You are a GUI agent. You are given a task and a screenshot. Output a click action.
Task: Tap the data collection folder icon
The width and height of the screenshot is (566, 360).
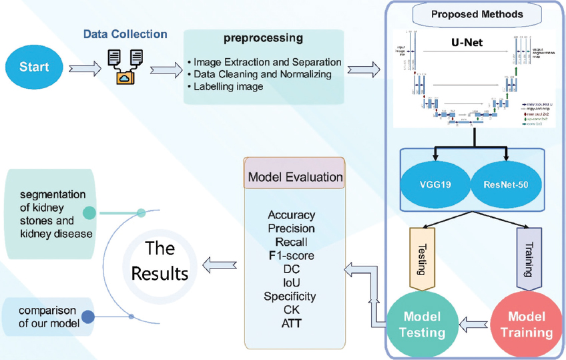[x=125, y=67]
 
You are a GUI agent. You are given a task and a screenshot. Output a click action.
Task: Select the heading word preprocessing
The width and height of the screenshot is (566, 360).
[x=264, y=39]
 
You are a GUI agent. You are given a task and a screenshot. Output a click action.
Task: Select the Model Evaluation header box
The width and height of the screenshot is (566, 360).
[x=295, y=177]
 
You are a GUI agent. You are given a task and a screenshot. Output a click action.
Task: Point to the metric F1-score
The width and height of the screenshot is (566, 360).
[x=291, y=255]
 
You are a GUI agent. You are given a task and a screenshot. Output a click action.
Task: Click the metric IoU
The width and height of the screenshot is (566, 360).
[x=291, y=283]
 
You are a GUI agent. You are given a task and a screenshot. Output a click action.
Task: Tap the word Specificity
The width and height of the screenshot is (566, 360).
[x=290, y=296]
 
